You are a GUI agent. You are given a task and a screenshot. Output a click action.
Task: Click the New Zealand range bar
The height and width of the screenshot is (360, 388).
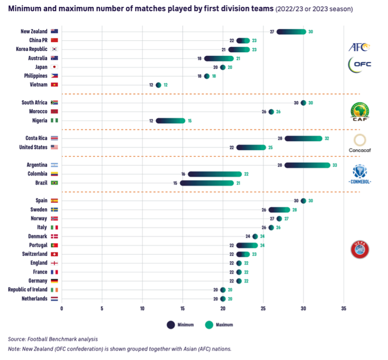coord(291,31)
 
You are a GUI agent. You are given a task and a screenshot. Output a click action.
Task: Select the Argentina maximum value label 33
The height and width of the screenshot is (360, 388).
coord(334,165)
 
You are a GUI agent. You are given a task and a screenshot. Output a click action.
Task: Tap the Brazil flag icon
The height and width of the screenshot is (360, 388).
coord(54,183)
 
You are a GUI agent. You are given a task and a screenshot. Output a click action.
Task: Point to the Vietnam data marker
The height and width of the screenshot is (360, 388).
coord(158,85)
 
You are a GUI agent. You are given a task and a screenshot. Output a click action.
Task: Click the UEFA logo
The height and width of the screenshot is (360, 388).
coord(360,249)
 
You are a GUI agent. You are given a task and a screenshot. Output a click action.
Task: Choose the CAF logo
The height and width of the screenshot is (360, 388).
coord(360,112)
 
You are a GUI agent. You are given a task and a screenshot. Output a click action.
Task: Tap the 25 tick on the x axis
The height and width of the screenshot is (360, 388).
coord(263,308)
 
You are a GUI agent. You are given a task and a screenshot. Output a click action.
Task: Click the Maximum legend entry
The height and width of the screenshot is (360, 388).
coord(220,325)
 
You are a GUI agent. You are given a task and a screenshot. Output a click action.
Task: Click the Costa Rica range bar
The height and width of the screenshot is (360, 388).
coord(303,138)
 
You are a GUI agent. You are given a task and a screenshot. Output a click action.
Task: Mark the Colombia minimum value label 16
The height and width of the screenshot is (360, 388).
coord(183,174)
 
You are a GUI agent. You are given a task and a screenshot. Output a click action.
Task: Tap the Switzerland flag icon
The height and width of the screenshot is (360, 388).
coord(54,254)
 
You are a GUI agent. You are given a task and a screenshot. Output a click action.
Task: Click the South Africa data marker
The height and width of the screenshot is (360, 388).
coord(303,102)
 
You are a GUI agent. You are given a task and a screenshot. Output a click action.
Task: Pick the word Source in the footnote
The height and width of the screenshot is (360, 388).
coord(17,339)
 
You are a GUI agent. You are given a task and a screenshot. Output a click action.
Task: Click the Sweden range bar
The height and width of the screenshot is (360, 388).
coord(279,209)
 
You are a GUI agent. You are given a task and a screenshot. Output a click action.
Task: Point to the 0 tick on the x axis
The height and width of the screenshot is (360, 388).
coord(62,308)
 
